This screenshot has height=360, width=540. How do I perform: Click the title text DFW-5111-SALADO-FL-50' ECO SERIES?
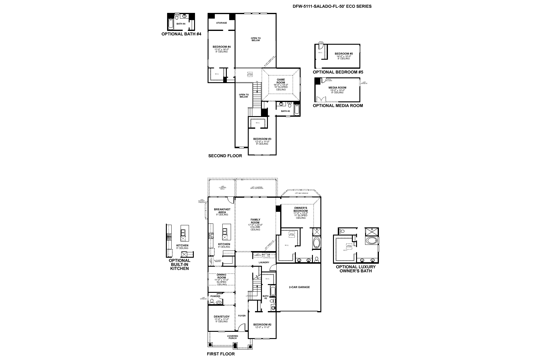point(332,6)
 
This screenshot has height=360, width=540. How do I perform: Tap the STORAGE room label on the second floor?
point(221,23)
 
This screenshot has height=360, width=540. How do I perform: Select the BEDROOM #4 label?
point(221,47)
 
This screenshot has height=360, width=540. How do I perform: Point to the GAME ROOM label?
point(281,81)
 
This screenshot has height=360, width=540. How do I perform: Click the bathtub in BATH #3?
point(297,109)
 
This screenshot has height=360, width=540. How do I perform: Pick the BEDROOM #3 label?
point(262,139)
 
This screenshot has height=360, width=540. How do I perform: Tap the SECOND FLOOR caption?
point(225,156)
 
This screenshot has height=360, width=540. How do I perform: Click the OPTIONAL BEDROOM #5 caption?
point(338,72)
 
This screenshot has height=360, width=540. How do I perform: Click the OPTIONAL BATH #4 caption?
point(181,34)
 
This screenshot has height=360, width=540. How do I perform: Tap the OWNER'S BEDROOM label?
point(301,209)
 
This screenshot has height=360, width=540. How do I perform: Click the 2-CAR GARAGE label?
point(299,287)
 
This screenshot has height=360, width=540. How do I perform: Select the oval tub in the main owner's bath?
point(316,243)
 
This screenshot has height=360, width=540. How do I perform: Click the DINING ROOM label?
point(222,276)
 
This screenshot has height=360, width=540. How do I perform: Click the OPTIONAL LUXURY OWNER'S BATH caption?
point(355,269)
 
